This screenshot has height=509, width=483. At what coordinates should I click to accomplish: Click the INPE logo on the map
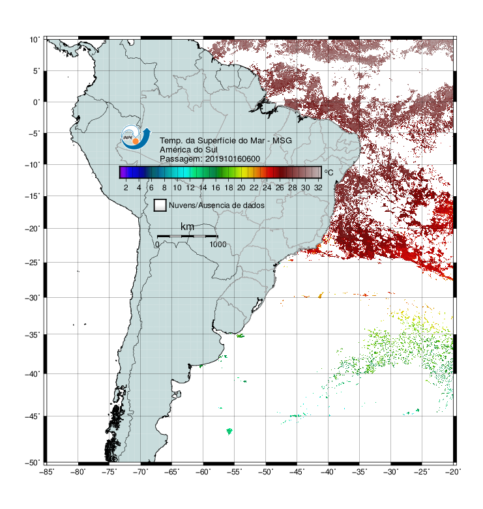[x=136, y=137]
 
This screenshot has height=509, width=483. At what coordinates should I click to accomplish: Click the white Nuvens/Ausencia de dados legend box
[x=160, y=205]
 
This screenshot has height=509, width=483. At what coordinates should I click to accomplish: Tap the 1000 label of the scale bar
[x=218, y=244]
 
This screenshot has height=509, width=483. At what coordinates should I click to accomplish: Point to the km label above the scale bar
[x=187, y=226]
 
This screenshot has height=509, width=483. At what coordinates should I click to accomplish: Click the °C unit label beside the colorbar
[x=329, y=172]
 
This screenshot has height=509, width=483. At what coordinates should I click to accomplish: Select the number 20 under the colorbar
[x=241, y=188]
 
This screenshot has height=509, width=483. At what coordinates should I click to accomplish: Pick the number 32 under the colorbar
[x=318, y=188]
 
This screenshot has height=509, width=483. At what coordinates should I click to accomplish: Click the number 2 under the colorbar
[x=126, y=188]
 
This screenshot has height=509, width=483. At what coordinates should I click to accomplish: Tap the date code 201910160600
[x=233, y=159]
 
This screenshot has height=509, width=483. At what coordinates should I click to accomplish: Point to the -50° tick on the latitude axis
[x=33, y=463]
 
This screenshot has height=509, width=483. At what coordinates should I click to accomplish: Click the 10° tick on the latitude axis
[x=35, y=40]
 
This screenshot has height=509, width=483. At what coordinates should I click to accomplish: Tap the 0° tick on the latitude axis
[x=37, y=102]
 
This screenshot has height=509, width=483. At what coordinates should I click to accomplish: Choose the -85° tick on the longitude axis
[x=47, y=472]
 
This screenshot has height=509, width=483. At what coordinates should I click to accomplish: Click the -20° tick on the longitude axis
[x=453, y=472]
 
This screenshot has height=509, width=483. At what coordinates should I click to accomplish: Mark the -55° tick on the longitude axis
[x=235, y=472]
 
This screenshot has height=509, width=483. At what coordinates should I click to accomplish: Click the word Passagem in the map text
[x=181, y=159]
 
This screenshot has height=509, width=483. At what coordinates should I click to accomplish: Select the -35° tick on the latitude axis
[x=33, y=335]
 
